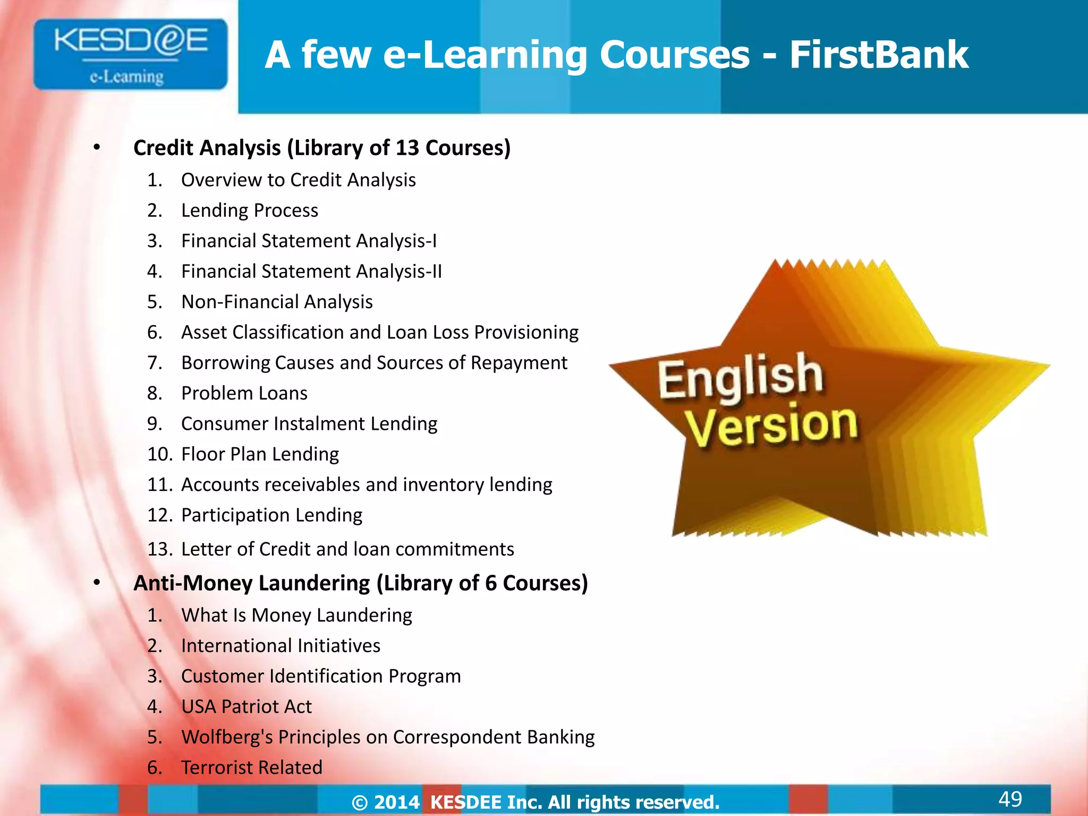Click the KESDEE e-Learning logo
point(130,54)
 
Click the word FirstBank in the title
point(879,55)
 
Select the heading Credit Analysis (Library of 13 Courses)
point(322,148)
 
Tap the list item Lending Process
point(250,210)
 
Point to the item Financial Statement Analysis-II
point(311,271)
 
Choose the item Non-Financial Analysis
point(277,302)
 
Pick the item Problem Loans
point(244,393)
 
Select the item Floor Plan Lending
point(260,454)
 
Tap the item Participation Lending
point(271,515)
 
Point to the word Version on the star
point(771,426)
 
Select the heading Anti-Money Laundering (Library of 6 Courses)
point(361,583)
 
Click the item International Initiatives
point(280,645)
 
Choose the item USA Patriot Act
point(246,707)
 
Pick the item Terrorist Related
point(252,768)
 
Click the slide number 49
point(1010,799)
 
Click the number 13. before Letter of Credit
point(159,549)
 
